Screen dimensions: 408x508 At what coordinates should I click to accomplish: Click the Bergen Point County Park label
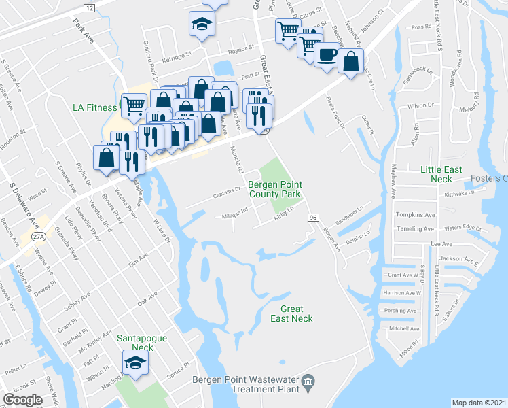274,189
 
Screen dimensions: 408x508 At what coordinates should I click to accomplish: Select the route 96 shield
313,217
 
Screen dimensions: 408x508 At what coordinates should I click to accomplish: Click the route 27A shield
40,237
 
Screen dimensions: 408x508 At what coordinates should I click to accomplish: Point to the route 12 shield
90,7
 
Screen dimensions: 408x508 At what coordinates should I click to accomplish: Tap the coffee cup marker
327,54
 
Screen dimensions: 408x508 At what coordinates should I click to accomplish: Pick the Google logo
22,400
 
